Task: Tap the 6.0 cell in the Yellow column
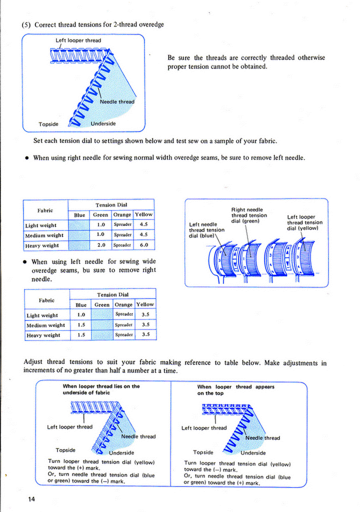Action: tap(144, 245)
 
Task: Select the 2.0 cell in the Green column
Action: tap(100, 245)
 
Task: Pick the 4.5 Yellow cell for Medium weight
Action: tap(144, 234)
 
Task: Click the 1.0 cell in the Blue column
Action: tap(80, 315)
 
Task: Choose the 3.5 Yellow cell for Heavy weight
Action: tap(145, 334)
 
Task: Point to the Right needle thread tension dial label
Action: tap(248, 215)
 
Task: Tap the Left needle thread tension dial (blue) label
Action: tap(206, 230)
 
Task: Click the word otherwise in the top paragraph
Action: tap(311, 57)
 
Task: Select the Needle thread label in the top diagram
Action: tap(116, 102)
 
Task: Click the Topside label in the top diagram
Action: tap(48, 124)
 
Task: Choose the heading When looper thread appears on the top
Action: tap(235, 390)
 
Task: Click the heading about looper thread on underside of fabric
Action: tap(100, 389)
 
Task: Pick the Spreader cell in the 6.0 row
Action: tap(122, 245)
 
